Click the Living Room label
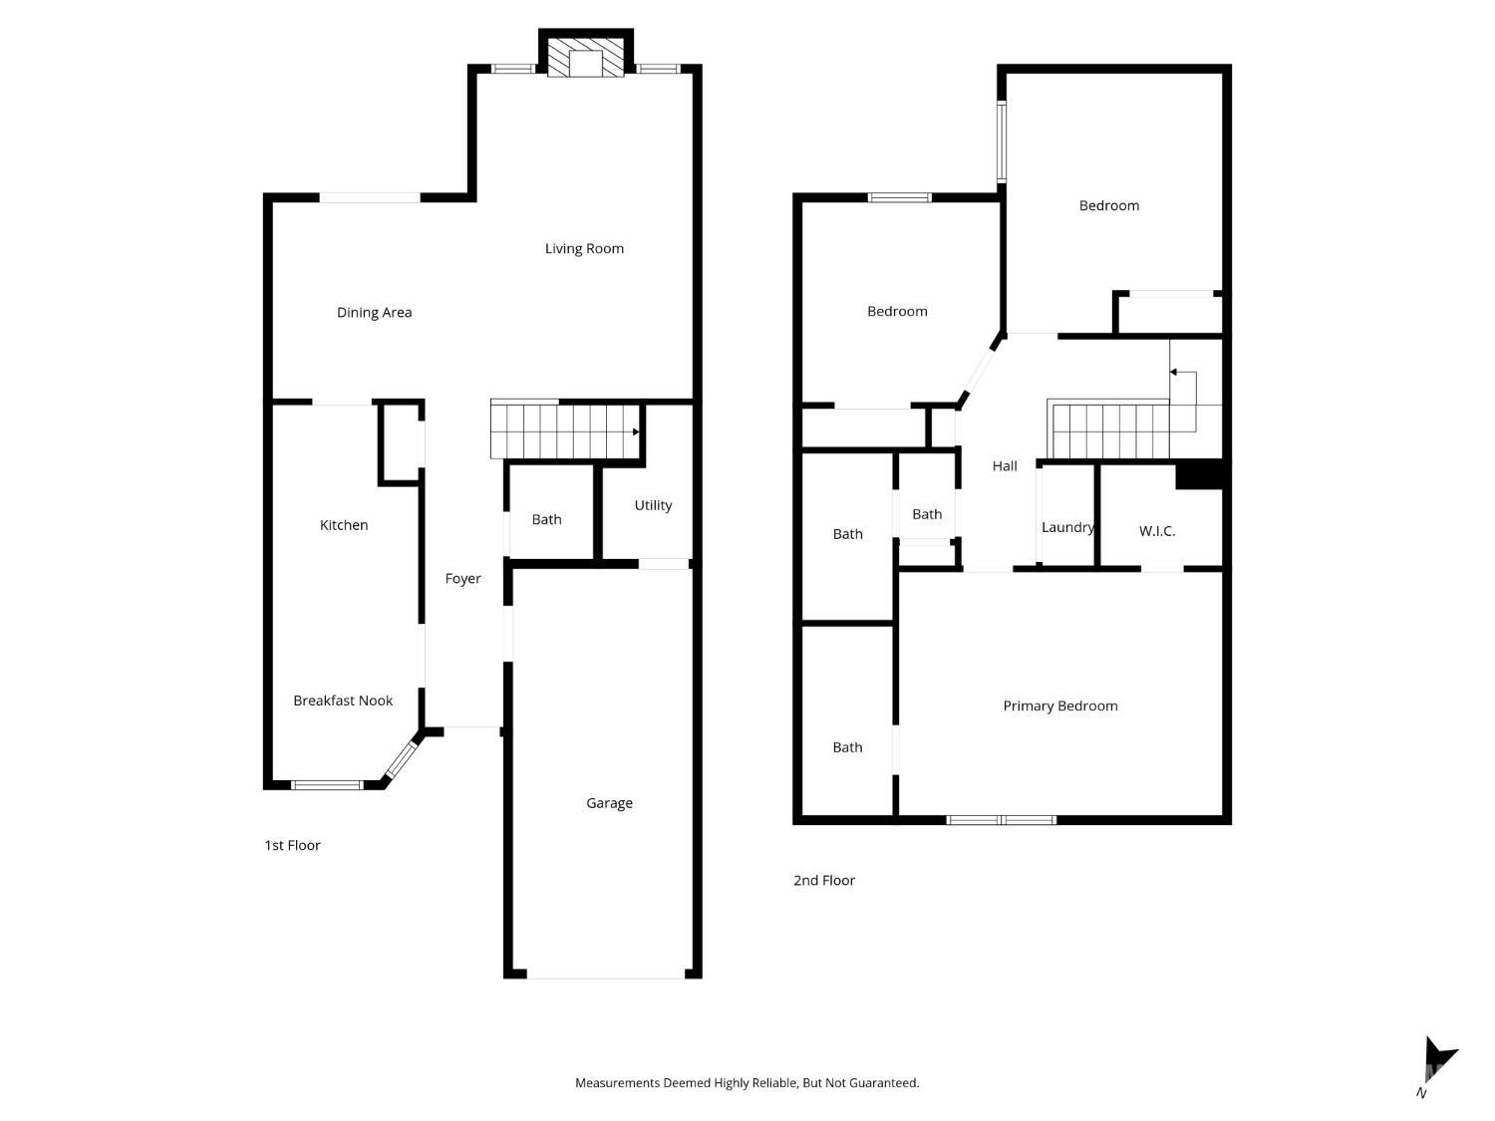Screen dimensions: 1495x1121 [584, 248]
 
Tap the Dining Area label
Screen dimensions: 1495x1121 [374, 313]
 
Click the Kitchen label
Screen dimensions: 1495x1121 [343, 525]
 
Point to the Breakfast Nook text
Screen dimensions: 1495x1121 [343, 701]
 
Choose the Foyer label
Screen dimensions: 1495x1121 [462, 579]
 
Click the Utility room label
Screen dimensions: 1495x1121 [653, 505]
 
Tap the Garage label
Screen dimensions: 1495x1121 [609, 803]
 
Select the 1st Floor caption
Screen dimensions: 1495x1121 [292, 845]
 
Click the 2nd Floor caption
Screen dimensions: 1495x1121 [823, 880]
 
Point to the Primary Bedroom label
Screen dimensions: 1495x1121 [1059, 705]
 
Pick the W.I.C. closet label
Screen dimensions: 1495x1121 [1156, 531]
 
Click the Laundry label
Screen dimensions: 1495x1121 [1067, 527]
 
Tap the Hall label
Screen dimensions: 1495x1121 [1004, 465]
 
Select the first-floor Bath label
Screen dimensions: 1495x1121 [546, 519]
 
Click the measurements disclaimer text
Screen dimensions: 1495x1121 [747, 1082]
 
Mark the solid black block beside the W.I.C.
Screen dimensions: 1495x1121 [1199, 475]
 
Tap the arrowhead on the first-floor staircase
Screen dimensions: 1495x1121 [636, 431]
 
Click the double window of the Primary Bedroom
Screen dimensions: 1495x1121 [1001, 819]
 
